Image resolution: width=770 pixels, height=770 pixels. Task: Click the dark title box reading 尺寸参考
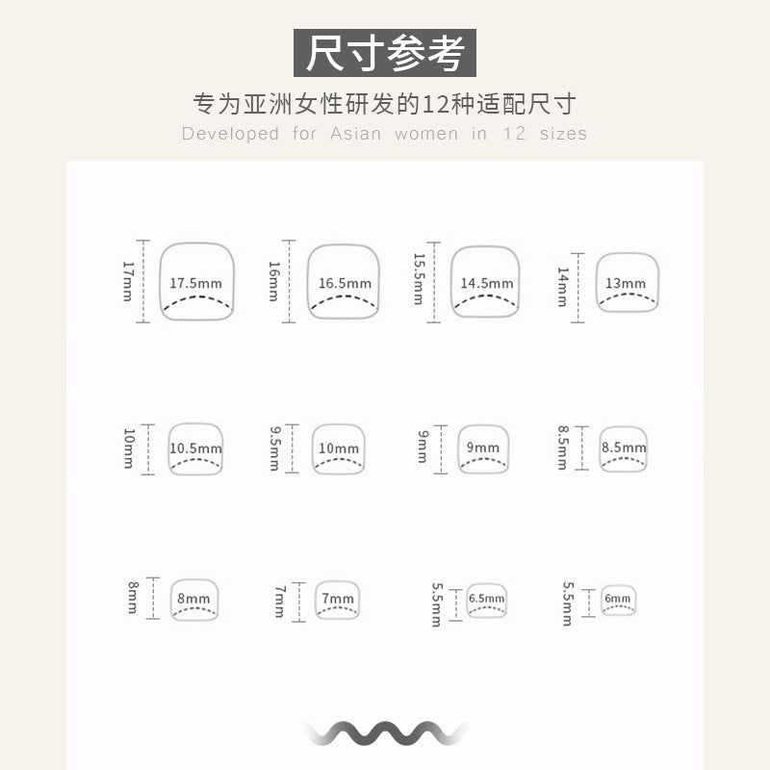tap(384, 53)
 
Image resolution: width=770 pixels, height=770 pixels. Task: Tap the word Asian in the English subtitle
tap(355, 134)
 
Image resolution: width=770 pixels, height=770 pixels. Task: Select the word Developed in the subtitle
tap(230, 134)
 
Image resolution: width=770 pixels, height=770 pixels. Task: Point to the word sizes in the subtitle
tap(563, 134)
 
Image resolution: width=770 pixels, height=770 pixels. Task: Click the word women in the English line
tap(426, 134)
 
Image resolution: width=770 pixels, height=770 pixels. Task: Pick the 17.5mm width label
tap(195, 283)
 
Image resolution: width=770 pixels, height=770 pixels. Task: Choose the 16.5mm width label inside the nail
tap(345, 283)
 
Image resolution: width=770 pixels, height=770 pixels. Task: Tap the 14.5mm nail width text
tap(487, 283)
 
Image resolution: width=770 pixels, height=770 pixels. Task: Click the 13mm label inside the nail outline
tap(625, 283)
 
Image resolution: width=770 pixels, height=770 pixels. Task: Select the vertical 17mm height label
tap(128, 281)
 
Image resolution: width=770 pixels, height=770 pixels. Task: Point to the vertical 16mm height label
tap(274, 281)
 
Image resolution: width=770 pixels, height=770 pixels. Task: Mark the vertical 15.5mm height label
tap(419, 279)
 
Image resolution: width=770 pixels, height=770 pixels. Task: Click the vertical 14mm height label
tap(563, 287)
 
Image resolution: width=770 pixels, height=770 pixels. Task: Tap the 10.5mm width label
tap(195, 449)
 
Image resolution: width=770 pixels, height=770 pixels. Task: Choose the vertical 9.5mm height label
tap(275, 449)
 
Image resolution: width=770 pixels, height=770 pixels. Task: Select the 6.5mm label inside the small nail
tap(486, 598)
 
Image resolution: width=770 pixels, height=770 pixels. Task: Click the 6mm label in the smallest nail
tap(617, 598)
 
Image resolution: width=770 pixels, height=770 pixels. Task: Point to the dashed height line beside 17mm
tap(142, 281)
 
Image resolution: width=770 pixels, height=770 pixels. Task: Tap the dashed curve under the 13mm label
tap(628, 299)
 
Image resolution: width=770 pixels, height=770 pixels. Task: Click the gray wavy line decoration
tap(384, 733)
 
